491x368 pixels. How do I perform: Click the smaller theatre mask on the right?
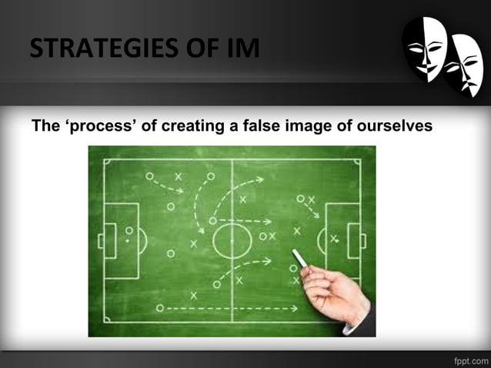tap(465, 68)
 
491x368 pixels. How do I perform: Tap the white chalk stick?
tap(299, 259)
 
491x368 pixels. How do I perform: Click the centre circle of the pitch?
tap(232, 240)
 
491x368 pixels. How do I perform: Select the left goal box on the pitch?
tap(107, 240)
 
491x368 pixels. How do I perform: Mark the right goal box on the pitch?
tap(355, 240)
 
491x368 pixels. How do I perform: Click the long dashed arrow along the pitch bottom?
tap(231, 309)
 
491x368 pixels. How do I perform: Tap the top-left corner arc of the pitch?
tap(108, 163)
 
